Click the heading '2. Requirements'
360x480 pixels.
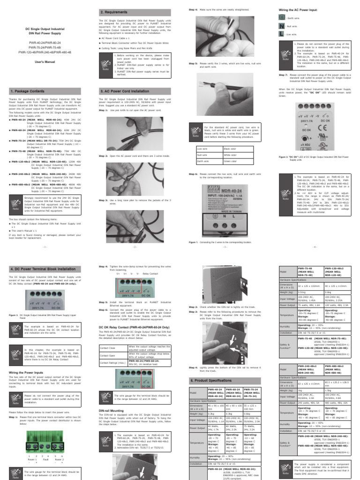[114, 11]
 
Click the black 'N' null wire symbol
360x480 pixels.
[282, 26]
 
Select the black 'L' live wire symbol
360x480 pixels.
[282, 34]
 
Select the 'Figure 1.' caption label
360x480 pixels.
[193, 242]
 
